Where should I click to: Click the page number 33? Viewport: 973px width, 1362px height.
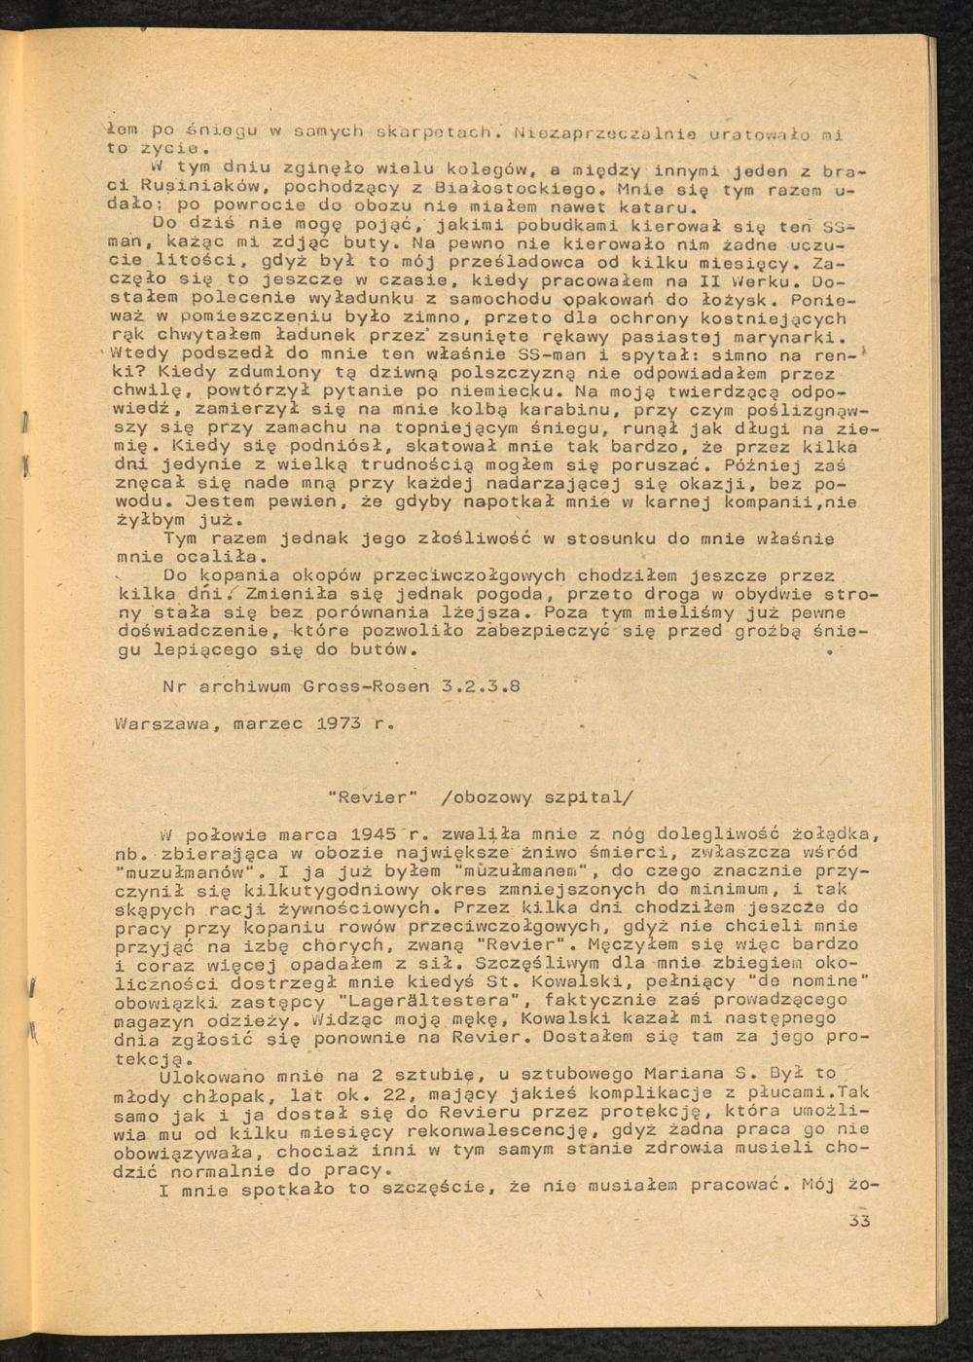[858, 1220]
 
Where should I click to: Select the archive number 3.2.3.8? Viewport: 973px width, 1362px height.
[481, 685]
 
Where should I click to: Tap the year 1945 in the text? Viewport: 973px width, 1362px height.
[366, 834]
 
